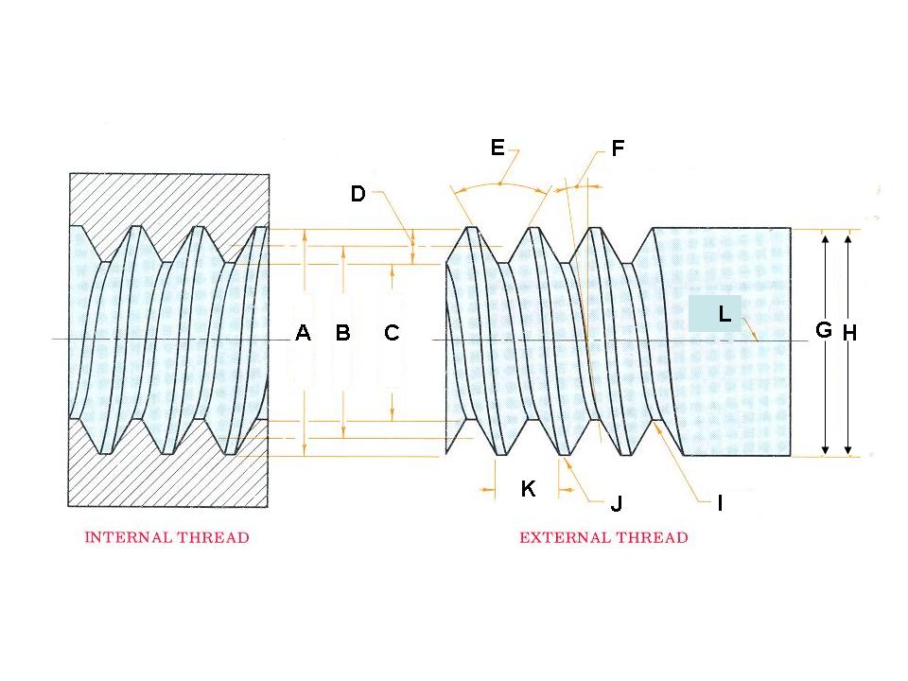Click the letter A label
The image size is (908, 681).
point(303,333)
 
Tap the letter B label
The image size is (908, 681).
point(342,333)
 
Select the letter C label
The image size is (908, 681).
point(392,333)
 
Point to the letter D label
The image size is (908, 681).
point(358,194)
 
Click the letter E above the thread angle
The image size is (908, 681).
point(498,148)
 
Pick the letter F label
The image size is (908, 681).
point(618,148)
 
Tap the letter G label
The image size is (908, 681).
point(824,330)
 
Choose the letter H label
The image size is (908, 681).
point(848,333)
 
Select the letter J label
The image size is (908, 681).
point(616,504)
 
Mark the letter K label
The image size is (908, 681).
point(529,489)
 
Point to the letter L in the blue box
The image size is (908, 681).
point(725,314)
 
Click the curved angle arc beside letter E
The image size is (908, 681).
point(501,186)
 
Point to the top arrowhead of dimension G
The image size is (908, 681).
point(826,238)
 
